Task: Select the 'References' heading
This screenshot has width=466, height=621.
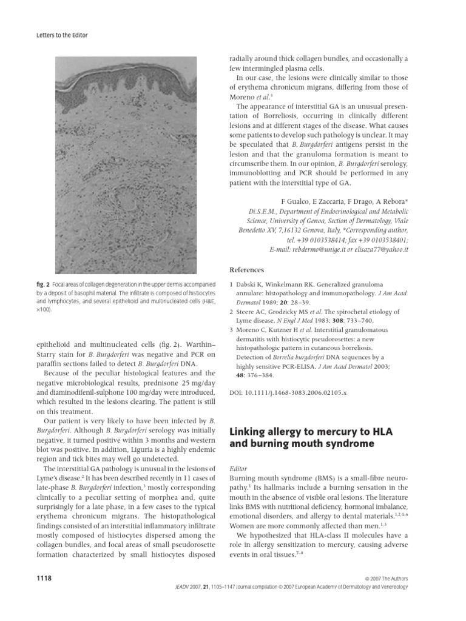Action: click(x=246, y=270)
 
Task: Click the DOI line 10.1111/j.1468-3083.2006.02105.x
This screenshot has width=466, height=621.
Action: click(x=288, y=393)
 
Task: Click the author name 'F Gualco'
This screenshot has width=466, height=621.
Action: click(x=294, y=201)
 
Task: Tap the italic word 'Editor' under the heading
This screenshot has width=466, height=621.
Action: click(x=238, y=469)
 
